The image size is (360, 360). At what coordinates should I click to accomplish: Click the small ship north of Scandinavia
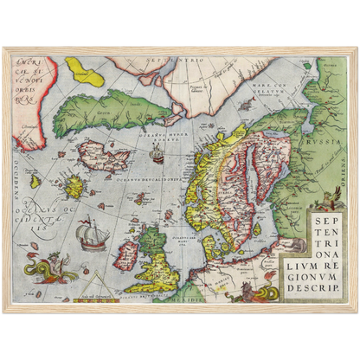(157, 155)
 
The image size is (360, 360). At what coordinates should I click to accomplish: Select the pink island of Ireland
(126, 254)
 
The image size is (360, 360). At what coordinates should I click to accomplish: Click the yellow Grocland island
(84, 69)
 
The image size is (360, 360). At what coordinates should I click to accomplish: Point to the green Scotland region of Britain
(152, 242)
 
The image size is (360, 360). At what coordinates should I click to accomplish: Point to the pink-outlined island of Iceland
(101, 157)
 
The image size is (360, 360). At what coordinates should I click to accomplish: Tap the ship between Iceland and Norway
(157, 155)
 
